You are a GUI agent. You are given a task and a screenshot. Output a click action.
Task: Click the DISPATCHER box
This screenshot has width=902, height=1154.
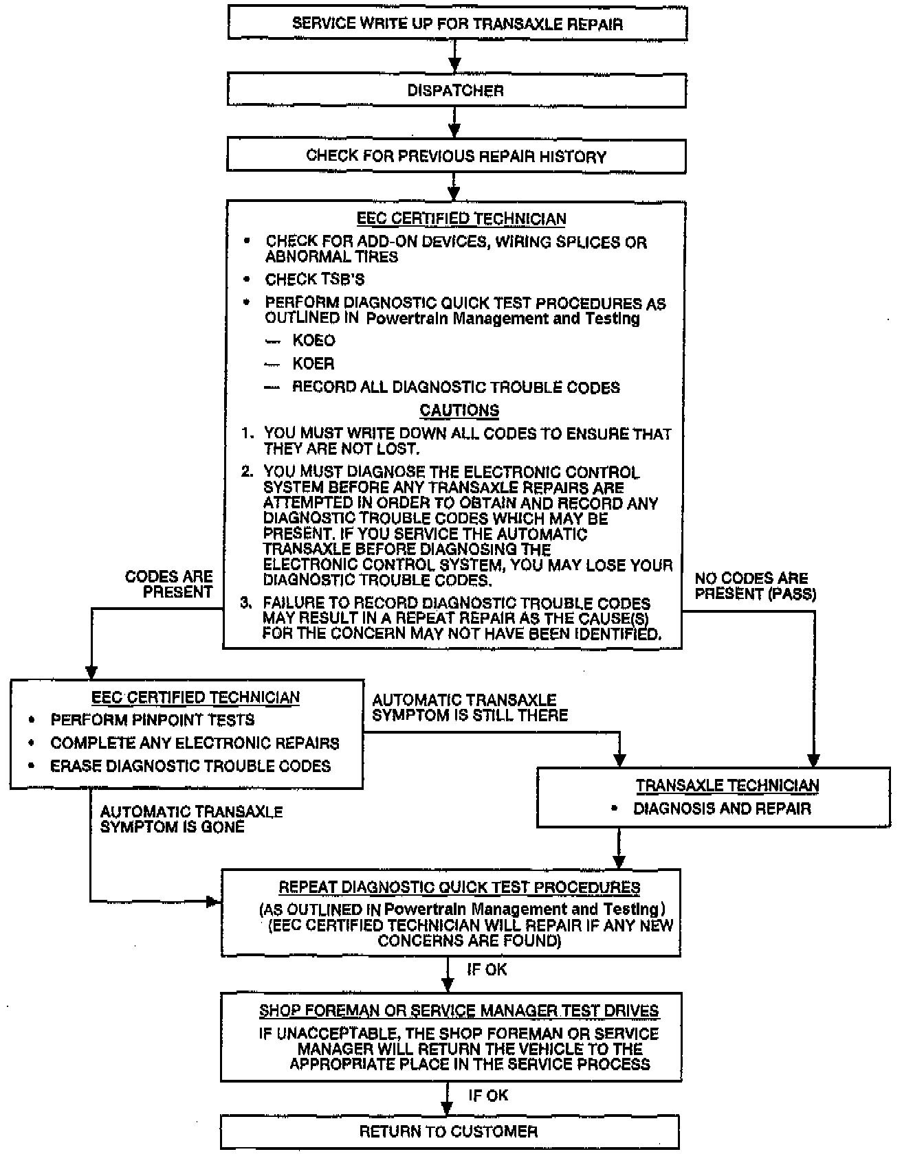pyautogui.click(x=456, y=91)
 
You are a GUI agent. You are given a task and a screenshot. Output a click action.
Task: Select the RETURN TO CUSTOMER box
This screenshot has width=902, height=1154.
pyautogui.click(x=448, y=1131)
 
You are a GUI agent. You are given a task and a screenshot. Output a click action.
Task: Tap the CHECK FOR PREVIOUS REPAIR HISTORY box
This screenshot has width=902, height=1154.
pyautogui.click(x=456, y=157)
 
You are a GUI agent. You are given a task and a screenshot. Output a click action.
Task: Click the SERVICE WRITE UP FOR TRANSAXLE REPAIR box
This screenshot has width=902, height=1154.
pyautogui.click(x=457, y=24)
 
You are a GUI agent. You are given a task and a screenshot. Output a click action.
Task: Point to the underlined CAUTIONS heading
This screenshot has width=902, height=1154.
pyautogui.click(x=459, y=411)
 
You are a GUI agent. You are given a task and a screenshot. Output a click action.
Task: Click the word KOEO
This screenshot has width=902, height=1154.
pyautogui.click(x=313, y=341)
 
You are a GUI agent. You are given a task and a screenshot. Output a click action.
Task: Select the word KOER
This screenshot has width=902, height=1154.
pyautogui.click(x=313, y=364)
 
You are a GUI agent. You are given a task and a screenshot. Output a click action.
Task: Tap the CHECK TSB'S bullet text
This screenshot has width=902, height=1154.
pyautogui.click(x=315, y=280)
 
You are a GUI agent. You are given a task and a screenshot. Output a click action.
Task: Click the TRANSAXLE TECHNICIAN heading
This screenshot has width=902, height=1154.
pyautogui.click(x=727, y=786)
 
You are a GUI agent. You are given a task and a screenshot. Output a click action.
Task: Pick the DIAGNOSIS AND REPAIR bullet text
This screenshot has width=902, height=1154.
pyautogui.click(x=722, y=808)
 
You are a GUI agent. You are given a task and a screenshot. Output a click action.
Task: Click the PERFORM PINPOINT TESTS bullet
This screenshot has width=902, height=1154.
pyautogui.click(x=153, y=720)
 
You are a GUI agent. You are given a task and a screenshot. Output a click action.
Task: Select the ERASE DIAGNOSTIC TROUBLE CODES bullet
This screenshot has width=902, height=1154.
pyautogui.click(x=190, y=766)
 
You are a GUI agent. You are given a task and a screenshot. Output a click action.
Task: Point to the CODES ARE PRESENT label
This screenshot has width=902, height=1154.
pyautogui.click(x=170, y=585)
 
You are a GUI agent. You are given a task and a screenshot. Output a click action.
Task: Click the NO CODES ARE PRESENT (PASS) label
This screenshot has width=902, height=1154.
pyautogui.click(x=755, y=586)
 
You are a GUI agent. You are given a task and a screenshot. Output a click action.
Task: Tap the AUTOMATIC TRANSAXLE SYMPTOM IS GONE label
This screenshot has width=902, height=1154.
pyautogui.click(x=191, y=819)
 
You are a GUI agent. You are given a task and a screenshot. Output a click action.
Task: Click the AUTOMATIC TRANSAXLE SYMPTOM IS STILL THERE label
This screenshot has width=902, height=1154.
pyautogui.click(x=470, y=708)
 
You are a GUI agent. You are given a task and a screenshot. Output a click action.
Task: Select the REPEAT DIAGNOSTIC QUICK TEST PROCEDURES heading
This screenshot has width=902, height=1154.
pyautogui.click(x=459, y=887)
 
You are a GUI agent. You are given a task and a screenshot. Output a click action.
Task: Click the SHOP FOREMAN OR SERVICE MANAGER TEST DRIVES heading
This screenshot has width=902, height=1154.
pyautogui.click(x=459, y=1011)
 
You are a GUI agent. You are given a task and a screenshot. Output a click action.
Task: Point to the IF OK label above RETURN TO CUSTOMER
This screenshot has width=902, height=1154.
pyautogui.click(x=488, y=1095)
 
